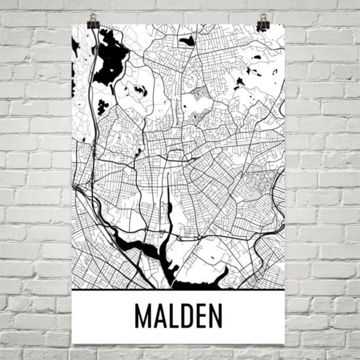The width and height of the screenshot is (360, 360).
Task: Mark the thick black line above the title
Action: click(178, 290)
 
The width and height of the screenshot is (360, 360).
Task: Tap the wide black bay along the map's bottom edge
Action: click(200, 283)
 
